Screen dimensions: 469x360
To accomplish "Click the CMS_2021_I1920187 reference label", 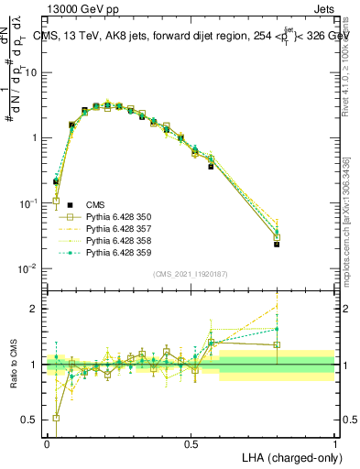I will point(191,274).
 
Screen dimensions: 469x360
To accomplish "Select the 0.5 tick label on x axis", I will point(191,442).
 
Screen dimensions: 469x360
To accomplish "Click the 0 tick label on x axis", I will point(47,442).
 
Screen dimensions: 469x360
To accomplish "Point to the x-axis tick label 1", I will point(334,442).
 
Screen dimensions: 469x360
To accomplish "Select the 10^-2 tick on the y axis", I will point(28,268).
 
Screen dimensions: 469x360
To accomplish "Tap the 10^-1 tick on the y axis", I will point(28,203).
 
